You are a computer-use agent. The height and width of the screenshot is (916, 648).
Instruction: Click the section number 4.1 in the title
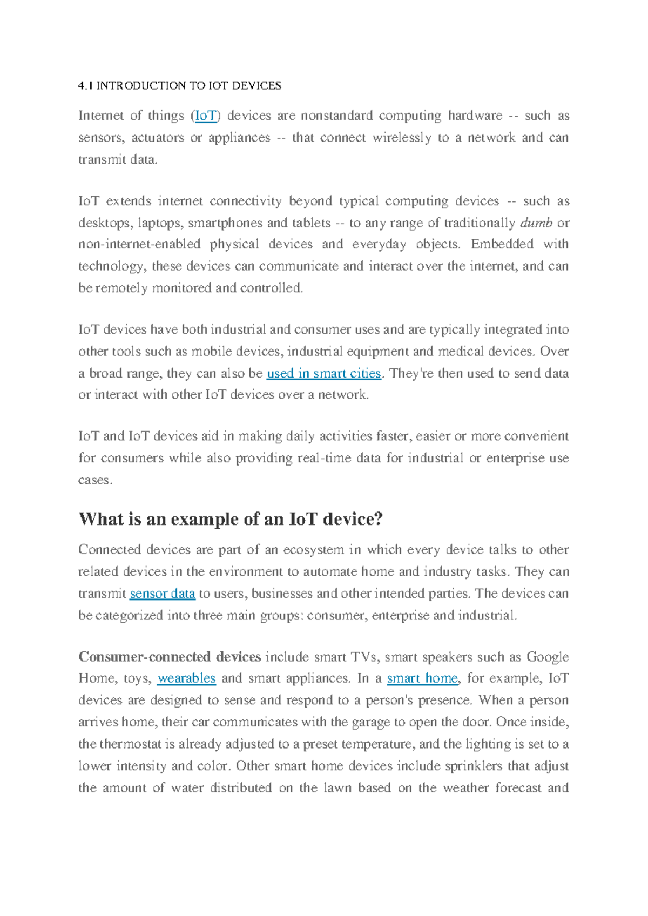[x=85, y=86]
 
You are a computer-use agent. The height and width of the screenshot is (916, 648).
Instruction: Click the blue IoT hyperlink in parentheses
[x=206, y=116]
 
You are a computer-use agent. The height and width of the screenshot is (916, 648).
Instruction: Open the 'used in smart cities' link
[x=324, y=373]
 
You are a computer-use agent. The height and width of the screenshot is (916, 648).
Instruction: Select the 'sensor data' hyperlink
[x=163, y=594]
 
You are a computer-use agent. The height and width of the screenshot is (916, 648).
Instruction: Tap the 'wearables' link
[x=186, y=678]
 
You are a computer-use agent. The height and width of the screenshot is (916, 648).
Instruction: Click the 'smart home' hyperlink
[x=422, y=678]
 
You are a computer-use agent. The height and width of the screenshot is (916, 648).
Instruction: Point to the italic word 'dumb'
[x=536, y=223]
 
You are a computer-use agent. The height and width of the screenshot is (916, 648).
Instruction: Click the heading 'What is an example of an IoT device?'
[x=231, y=519]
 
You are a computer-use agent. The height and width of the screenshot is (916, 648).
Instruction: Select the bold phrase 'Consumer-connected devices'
[x=170, y=657]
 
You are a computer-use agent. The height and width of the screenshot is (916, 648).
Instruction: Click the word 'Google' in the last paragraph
[x=548, y=657]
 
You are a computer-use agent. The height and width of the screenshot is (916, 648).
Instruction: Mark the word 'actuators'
[x=158, y=138]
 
